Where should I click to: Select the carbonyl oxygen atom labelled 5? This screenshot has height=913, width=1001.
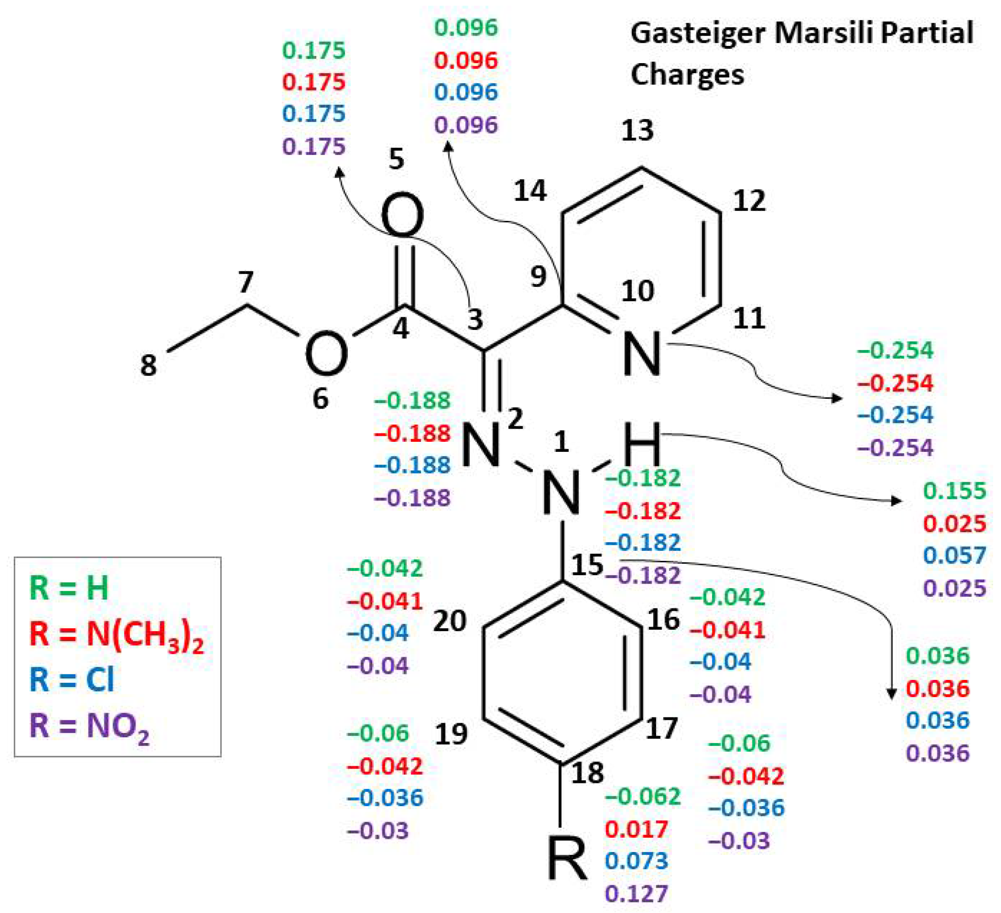pos(402,217)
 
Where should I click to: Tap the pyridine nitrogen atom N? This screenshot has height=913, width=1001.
pos(642,353)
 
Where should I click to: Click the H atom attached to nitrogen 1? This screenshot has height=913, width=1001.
pos(641,443)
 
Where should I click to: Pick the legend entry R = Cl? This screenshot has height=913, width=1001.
pos(72,680)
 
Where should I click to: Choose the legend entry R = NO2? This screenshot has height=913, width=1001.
pos(89,726)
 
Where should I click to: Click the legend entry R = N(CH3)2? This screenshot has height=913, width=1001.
pos(117,635)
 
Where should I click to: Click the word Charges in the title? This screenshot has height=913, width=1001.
pos(687,75)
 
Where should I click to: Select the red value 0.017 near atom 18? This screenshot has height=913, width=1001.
pos(636,829)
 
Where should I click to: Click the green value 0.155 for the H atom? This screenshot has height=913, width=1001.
pos(954,491)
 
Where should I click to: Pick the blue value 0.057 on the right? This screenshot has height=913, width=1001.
pos(954,555)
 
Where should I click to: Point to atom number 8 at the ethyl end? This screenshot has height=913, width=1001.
pos(148,365)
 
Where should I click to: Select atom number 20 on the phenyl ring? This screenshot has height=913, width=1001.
pos(449,621)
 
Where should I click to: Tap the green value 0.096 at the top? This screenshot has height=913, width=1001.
pos(466,28)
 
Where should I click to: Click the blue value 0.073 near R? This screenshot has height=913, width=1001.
pos(636,861)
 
